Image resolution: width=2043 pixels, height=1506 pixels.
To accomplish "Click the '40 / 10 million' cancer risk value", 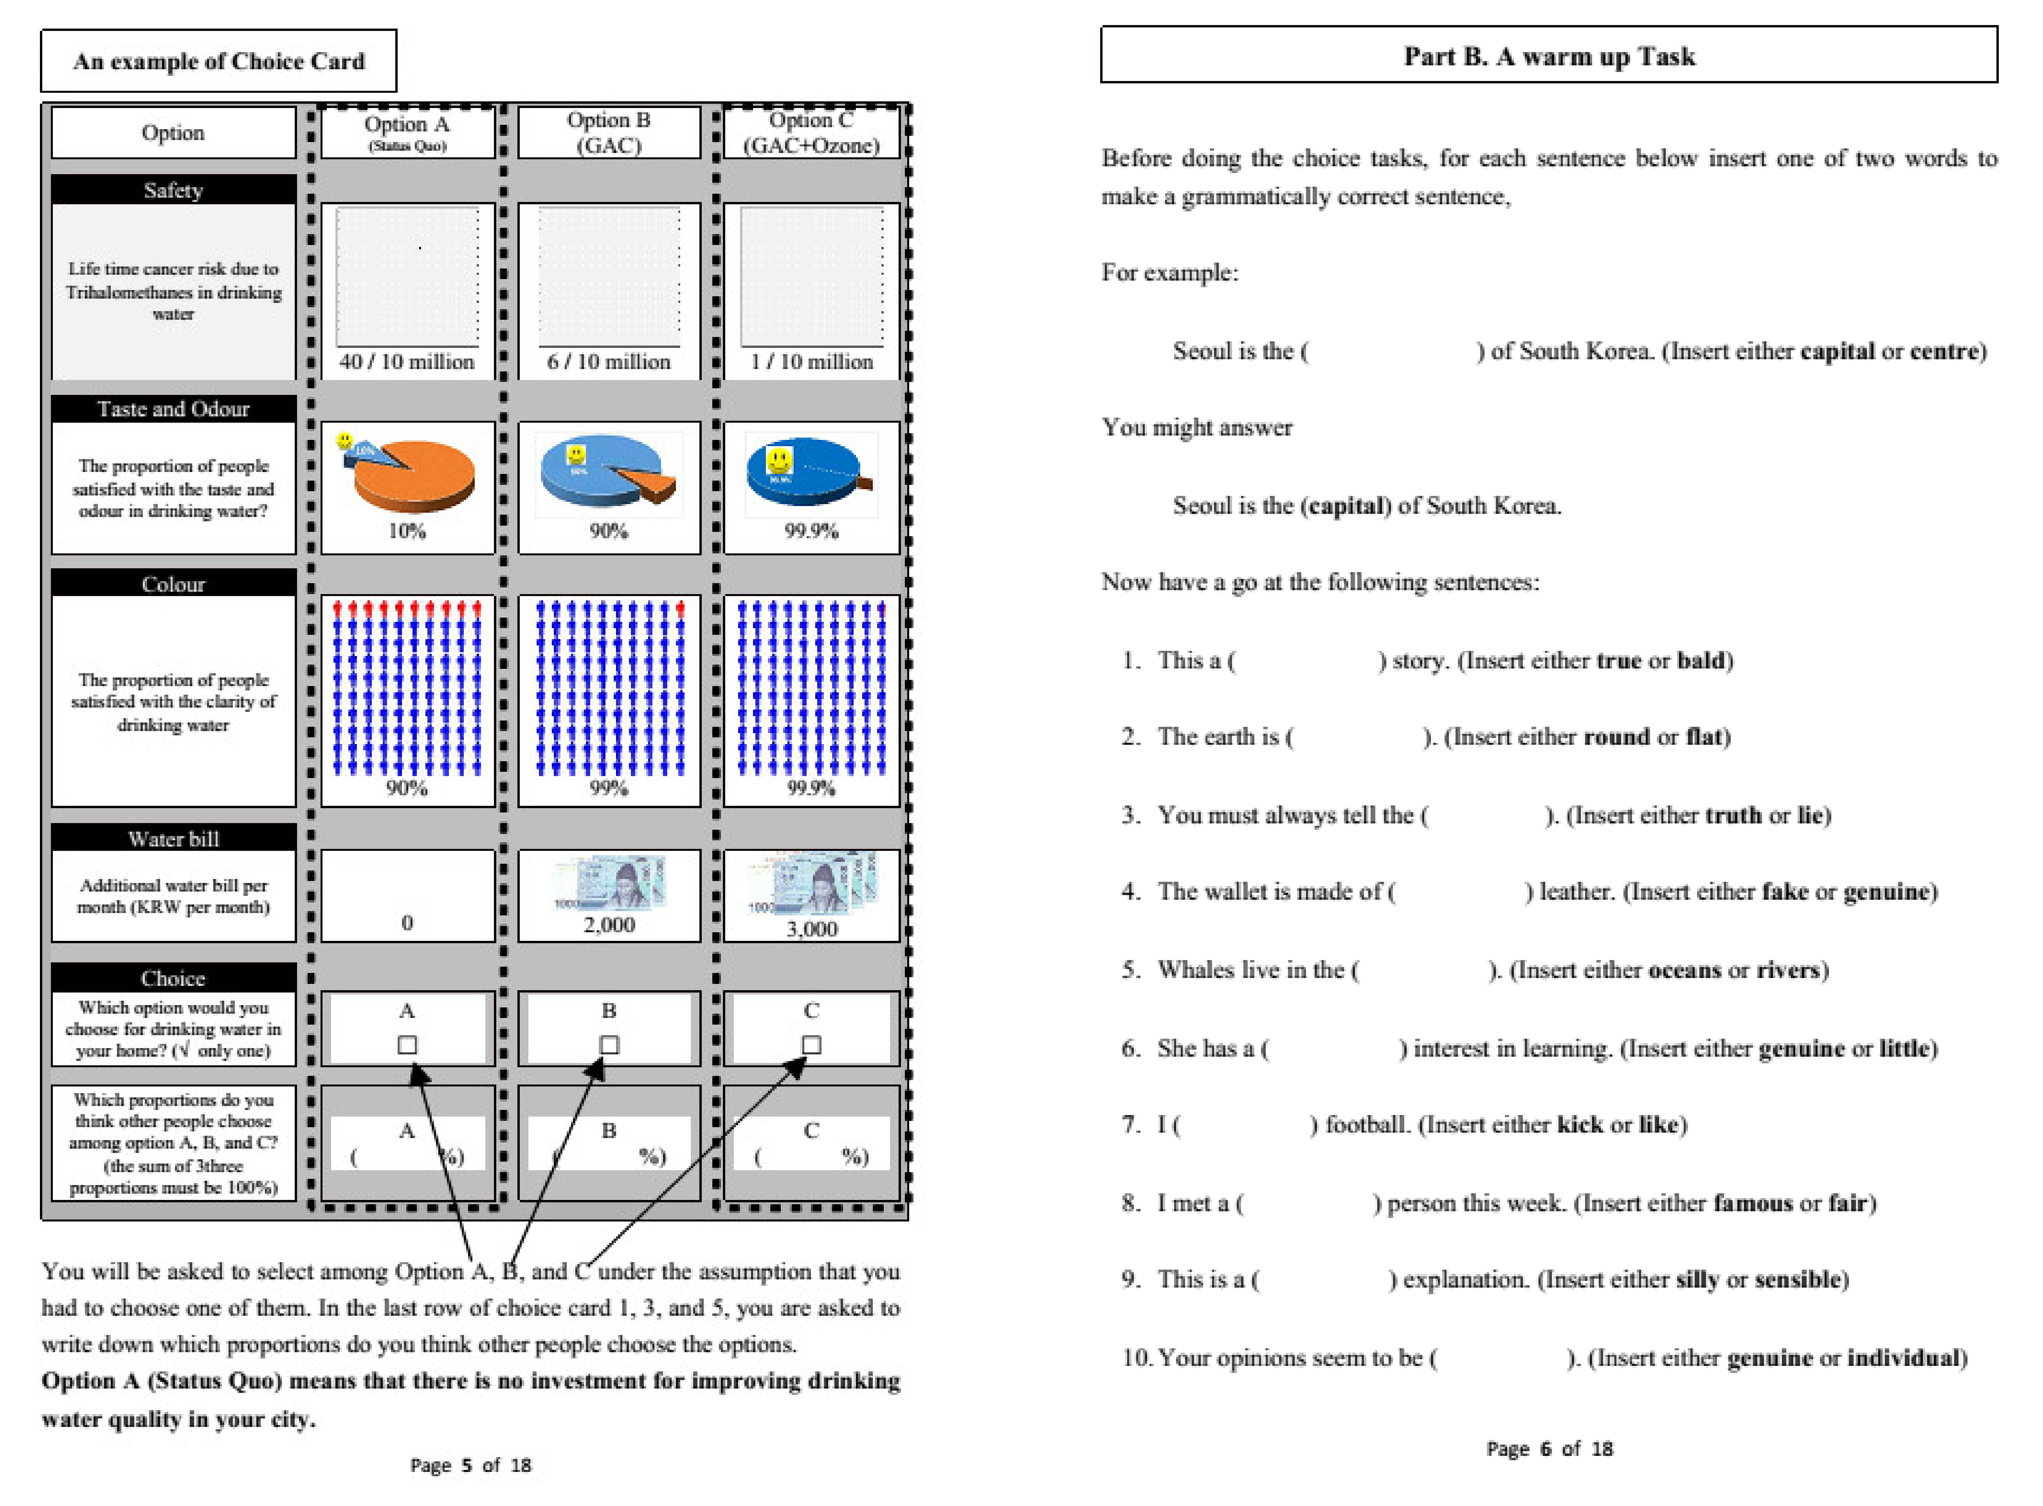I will click(407, 362).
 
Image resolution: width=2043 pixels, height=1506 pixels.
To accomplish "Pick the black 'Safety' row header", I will click(173, 189).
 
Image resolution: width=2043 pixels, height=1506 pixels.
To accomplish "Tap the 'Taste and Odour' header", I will click(173, 409).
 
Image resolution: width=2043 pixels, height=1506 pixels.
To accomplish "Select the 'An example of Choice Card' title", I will click(219, 61).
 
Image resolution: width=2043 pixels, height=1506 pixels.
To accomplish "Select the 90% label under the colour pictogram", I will click(407, 789).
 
